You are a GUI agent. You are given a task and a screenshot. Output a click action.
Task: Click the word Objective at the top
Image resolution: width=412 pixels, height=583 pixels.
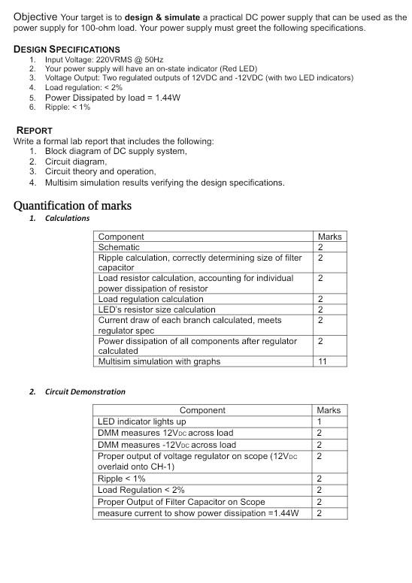pos(35,17)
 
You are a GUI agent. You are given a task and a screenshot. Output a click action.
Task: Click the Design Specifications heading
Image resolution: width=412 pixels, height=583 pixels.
pos(67,49)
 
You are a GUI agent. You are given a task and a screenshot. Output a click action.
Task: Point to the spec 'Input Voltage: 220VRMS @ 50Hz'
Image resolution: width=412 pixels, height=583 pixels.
pos(104,59)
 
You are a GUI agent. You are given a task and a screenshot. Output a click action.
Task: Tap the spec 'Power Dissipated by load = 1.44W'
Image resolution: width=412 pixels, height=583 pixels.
pos(113,97)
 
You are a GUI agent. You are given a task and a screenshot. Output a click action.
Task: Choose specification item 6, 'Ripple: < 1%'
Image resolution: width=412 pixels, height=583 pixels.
pos(68,107)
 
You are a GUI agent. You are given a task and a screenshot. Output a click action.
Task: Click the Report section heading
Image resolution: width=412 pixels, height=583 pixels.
pos(35,130)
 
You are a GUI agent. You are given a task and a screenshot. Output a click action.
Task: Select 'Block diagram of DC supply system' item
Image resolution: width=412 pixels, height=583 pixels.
pos(116,151)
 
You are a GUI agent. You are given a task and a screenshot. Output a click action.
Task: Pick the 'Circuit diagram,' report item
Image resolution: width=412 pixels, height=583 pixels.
pos(76,162)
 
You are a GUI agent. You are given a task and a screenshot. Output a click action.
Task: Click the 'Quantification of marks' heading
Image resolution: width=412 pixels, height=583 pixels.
pos(72,205)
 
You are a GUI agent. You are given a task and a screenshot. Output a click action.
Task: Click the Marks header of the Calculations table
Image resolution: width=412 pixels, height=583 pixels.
pos(329,237)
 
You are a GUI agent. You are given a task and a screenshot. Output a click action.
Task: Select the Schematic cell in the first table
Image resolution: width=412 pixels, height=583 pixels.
pos(119,247)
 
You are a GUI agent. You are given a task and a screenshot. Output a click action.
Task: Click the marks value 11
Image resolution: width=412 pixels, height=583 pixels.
pos(322,361)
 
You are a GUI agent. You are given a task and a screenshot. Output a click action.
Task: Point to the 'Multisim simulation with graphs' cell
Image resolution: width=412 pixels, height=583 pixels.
pos(159,361)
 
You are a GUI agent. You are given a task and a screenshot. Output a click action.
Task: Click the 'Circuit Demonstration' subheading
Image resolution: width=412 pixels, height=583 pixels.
pos(85,391)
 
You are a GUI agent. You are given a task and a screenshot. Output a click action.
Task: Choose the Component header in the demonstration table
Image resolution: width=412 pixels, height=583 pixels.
pos(202,410)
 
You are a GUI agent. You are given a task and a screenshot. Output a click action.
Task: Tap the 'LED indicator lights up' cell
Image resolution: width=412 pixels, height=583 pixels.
pos(142,421)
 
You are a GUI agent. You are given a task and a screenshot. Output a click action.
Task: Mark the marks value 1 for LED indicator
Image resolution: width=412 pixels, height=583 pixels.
pos(320,421)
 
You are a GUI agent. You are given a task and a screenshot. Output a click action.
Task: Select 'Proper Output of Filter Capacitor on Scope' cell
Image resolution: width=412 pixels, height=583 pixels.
pos(181,502)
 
